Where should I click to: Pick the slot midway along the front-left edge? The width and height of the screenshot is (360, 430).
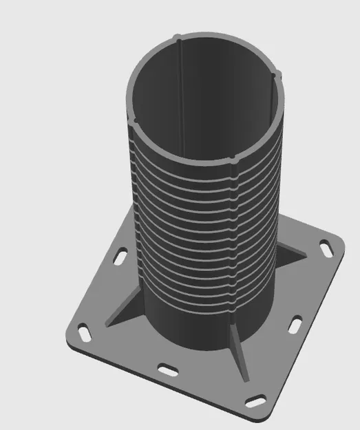click(x=167, y=369)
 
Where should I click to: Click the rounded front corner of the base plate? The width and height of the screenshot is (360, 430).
click(x=255, y=411)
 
